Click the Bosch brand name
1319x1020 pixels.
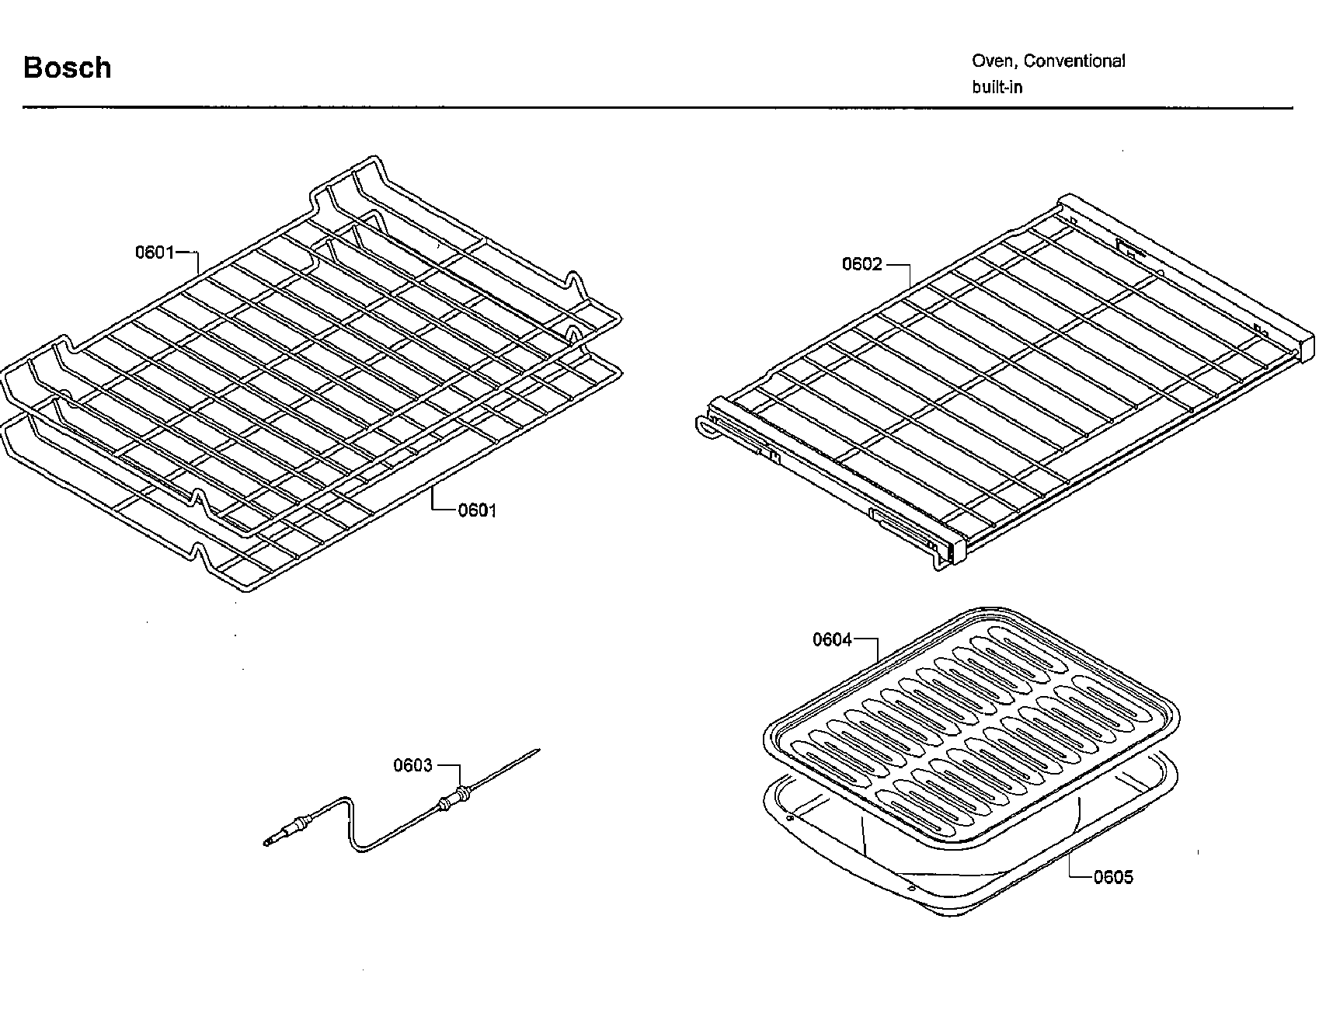coord(68,68)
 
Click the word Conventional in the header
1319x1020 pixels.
coord(1075,61)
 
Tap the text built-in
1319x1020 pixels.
coord(997,87)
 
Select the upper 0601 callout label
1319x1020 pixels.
coord(155,252)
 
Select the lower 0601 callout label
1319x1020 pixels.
coord(476,510)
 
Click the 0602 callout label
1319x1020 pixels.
coord(862,264)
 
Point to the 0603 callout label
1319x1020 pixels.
coord(412,765)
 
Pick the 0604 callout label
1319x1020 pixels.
coord(832,639)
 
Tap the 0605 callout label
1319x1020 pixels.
coord(1112,877)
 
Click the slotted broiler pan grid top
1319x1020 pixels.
coord(971,726)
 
